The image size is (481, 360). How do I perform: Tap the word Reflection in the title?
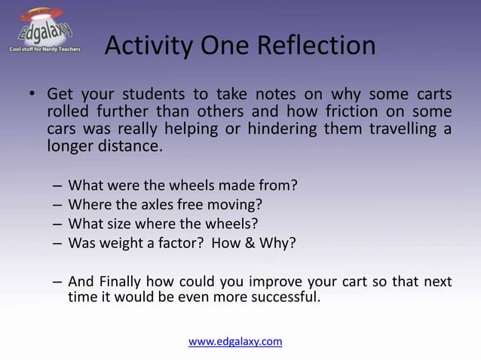(317, 47)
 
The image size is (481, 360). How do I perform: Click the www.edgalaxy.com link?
(235, 341)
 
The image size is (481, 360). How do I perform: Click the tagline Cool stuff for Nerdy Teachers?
(44, 49)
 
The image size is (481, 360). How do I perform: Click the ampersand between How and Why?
(244, 243)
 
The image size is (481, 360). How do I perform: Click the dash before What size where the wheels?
(57, 224)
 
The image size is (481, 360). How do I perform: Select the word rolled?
(69, 112)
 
